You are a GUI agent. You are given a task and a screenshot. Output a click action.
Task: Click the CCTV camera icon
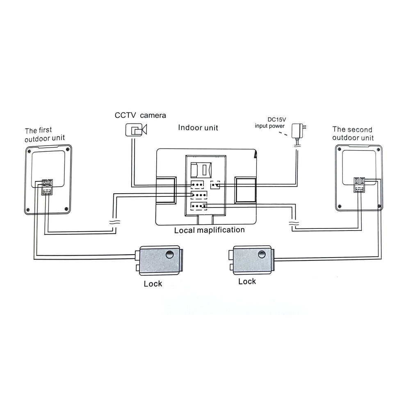[x=136, y=130]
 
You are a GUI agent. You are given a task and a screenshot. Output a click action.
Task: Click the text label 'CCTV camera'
[x=140, y=115]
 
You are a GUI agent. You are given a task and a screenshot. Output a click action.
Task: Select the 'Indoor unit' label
[x=198, y=128]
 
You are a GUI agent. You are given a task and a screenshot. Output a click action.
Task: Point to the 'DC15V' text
[x=276, y=120]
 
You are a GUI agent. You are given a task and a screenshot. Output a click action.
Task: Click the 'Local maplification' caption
[x=210, y=230]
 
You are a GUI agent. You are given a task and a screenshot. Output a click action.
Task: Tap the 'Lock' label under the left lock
[x=153, y=284]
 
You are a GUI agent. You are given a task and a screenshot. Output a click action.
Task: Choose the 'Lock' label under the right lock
[x=247, y=281]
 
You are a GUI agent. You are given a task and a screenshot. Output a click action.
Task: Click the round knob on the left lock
[x=170, y=254]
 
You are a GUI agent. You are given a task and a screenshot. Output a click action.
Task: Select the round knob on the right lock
[x=262, y=254]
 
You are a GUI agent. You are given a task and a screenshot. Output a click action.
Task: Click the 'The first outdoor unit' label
[x=45, y=135]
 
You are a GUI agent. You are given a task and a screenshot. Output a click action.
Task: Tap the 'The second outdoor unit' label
[x=353, y=133]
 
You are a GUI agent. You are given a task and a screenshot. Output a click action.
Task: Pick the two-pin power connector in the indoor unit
[x=215, y=185]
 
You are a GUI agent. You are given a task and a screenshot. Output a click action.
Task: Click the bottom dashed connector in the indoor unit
[x=198, y=206]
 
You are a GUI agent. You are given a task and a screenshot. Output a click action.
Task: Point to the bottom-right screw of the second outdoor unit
[x=379, y=206]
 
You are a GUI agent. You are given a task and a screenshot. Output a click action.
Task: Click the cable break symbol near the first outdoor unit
[x=114, y=222]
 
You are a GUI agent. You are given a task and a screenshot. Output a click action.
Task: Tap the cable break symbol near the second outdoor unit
[x=294, y=223]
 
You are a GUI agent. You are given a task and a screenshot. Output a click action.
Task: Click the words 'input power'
[x=269, y=126]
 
